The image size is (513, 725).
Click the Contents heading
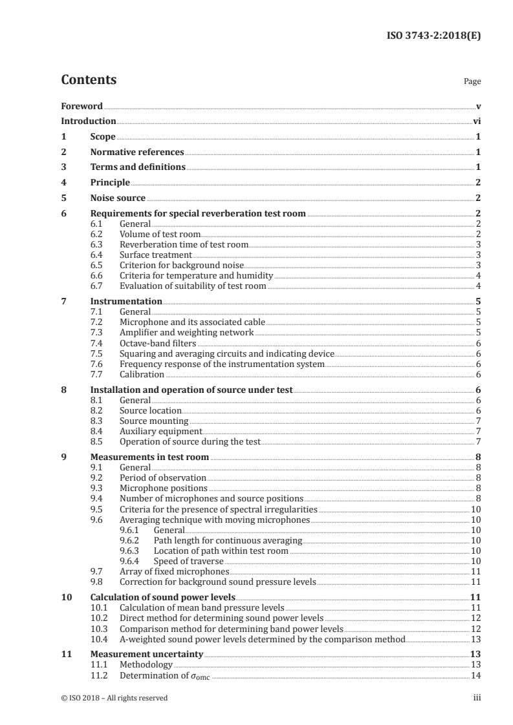[89, 80]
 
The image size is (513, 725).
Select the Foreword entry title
[82, 106]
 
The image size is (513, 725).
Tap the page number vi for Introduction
[477, 121]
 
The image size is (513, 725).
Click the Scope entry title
[103, 137]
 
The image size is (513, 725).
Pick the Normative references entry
[137, 152]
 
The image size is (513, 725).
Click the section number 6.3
[96, 244]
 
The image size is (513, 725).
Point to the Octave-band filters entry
[149, 343]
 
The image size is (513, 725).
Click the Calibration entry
[142, 374]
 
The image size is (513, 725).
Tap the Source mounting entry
[154, 421]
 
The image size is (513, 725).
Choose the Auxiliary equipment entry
[161, 431]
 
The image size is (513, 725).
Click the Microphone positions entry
[164, 488]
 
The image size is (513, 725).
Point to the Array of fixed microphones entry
[174, 571]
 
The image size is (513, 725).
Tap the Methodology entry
[146, 664]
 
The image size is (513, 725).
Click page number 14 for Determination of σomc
[475, 675]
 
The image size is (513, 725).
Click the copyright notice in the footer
[114, 698]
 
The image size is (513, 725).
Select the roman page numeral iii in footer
[477, 698]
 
